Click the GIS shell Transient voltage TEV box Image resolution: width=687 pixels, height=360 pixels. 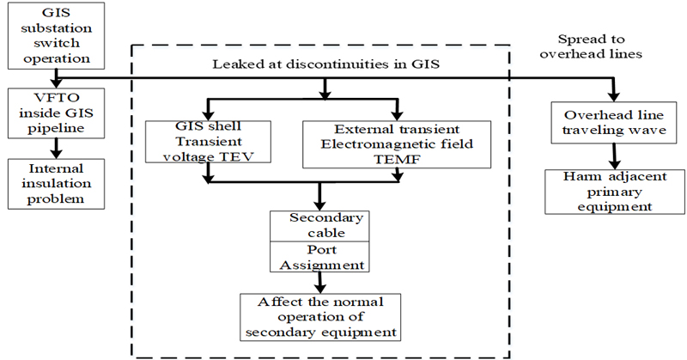pos(207,141)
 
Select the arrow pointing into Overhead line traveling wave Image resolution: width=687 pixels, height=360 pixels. pos(613,92)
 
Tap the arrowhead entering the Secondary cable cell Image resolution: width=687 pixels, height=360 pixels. pos(319,204)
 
